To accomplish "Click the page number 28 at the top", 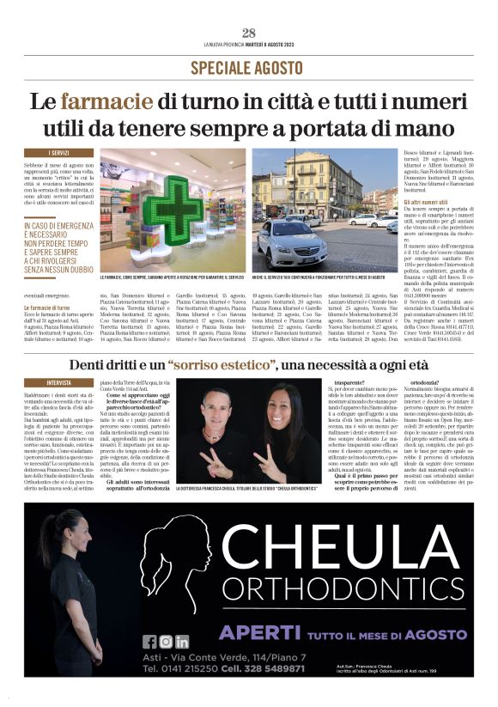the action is click(249, 34).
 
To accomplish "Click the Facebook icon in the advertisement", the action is click(150, 641).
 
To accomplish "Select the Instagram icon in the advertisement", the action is click(167, 641).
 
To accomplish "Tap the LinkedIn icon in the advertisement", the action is click(182, 641).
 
